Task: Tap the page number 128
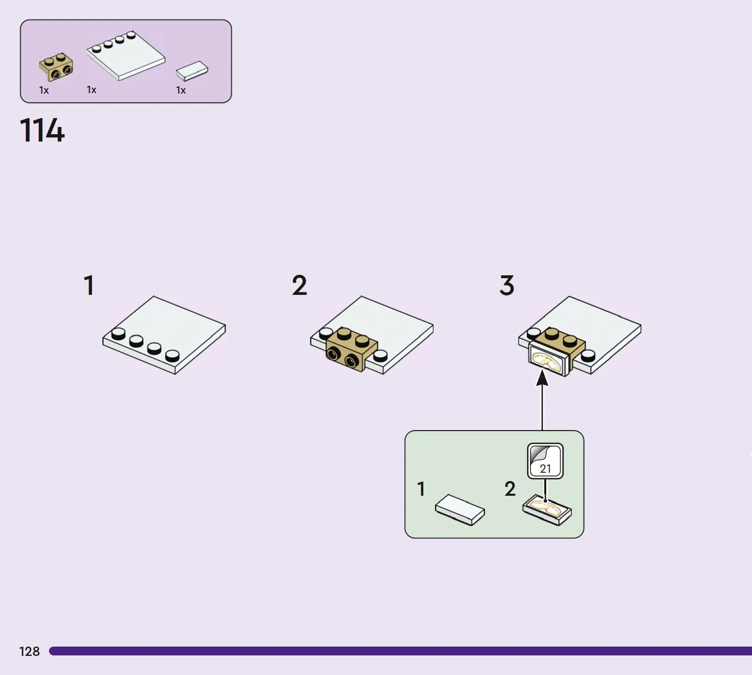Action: click(29, 651)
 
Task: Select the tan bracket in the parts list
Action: click(56, 67)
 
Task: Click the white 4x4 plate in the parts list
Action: click(126, 56)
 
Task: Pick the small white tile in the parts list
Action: click(192, 71)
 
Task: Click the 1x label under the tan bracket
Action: click(44, 90)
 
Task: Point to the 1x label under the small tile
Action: click(181, 90)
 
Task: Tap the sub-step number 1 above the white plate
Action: click(89, 286)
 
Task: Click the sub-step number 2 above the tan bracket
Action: click(299, 286)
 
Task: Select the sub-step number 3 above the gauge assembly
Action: click(507, 286)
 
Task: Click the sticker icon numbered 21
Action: click(545, 461)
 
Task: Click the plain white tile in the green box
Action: click(460, 510)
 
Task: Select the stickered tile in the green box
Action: click(547, 510)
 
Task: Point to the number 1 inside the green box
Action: click(421, 489)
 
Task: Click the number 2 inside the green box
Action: click(510, 489)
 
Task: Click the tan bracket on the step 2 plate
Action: click(351, 350)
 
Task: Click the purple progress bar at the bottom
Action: click(401, 651)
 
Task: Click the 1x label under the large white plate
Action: click(92, 90)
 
